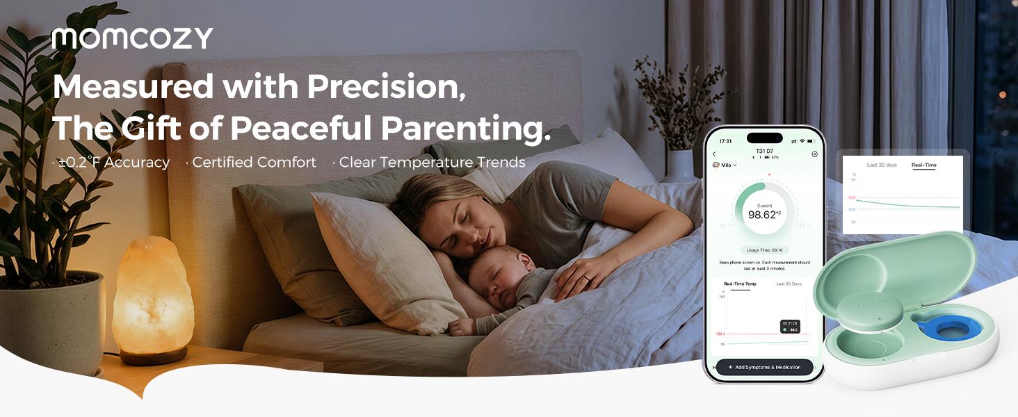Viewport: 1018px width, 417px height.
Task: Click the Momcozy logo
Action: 132,38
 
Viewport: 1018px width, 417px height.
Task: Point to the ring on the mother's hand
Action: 588,278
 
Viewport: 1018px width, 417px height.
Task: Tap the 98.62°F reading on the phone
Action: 763,215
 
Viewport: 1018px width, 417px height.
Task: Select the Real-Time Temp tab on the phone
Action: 740,284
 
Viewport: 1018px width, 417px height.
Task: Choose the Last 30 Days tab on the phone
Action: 789,284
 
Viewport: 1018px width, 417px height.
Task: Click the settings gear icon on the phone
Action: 814,154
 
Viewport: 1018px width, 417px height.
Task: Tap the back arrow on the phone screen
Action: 714,154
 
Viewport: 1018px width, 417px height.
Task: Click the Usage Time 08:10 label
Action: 764,250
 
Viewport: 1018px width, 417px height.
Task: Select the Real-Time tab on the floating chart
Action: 923,165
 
